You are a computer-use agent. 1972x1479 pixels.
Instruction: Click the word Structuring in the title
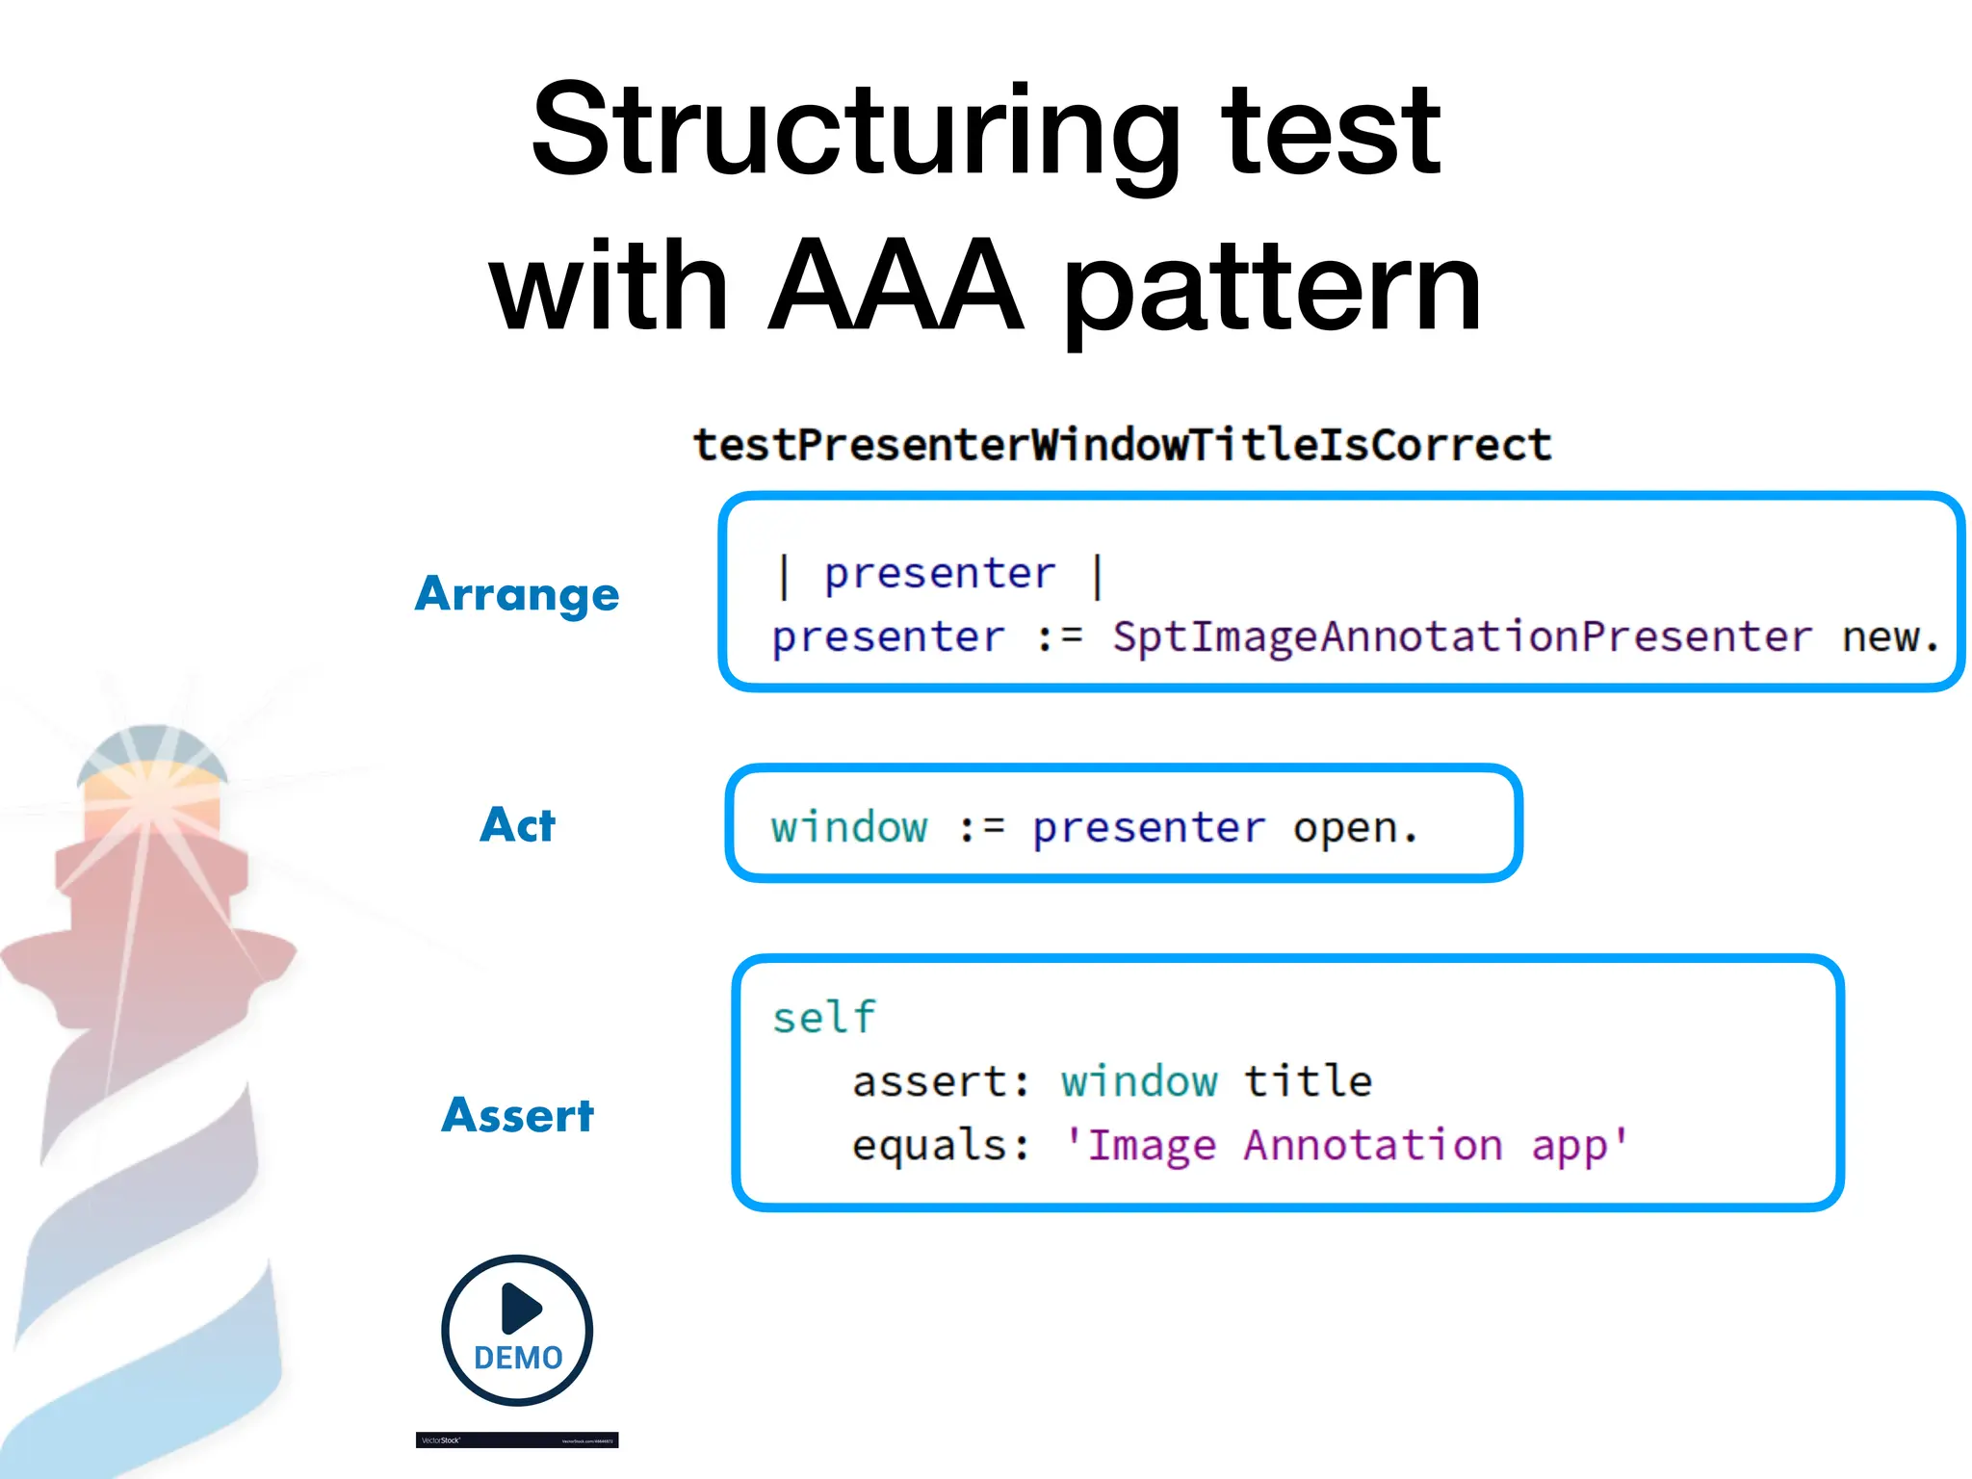click(855, 133)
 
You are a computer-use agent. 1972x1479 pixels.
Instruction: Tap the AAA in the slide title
click(895, 286)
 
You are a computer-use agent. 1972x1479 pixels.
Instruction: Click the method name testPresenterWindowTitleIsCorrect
click(1122, 445)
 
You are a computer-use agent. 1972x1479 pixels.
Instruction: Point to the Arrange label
click(517, 594)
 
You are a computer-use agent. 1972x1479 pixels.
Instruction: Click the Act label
click(517, 825)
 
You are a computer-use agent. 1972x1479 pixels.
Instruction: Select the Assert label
click(517, 1115)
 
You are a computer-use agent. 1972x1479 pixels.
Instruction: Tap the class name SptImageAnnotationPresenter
click(1461, 636)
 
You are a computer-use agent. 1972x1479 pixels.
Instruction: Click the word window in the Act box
click(848, 827)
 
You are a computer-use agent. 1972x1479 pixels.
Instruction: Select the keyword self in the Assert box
click(824, 1018)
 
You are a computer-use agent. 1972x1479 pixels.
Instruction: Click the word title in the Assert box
click(1308, 1081)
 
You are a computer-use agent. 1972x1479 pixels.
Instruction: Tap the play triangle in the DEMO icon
click(521, 1308)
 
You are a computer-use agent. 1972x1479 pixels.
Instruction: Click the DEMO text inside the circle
click(518, 1358)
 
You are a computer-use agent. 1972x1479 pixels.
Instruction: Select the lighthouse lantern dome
click(152, 750)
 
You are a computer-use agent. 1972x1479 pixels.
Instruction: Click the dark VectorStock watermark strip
click(517, 1440)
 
